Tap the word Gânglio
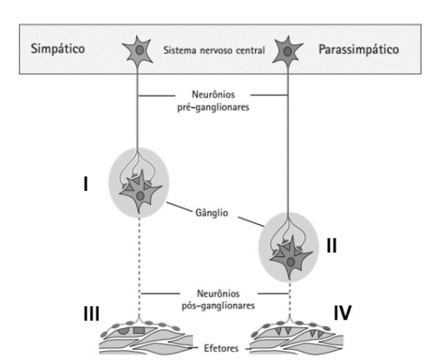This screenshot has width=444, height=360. [x=211, y=212]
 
